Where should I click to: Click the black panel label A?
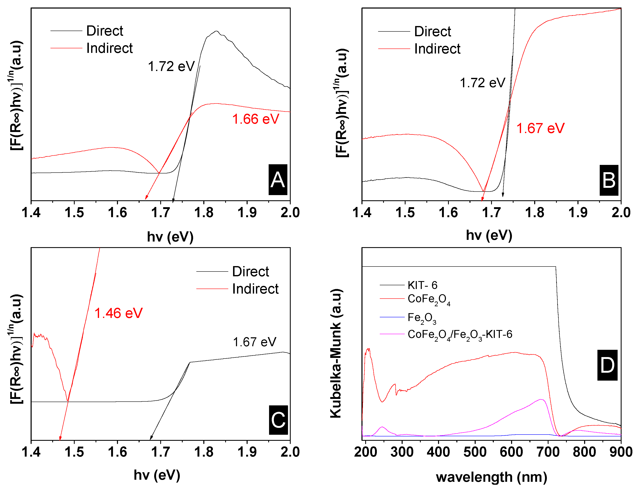tap(278, 180)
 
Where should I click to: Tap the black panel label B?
tap(609, 180)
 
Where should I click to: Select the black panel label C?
tap(278, 420)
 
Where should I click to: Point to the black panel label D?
tap(607, 365)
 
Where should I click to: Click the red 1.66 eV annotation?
tap(256, 119)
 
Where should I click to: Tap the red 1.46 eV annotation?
tap(118, 313)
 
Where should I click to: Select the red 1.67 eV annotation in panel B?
tap(540, 128)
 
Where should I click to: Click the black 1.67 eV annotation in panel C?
tap(254, 342)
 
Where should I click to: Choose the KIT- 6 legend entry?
tap(422, 285)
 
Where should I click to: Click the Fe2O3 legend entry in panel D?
tap(422, 318)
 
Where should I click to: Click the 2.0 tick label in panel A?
tap(290, 213)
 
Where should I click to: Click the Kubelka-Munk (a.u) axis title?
tap(336, 353)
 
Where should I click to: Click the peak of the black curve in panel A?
tap(216, 31)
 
